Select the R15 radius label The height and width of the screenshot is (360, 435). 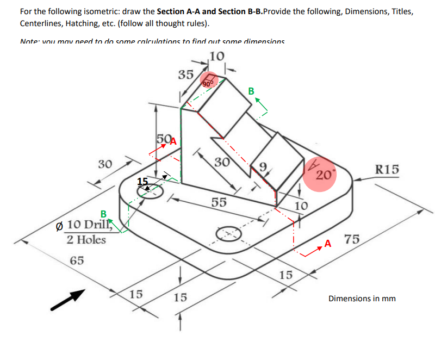[x=387, y=169]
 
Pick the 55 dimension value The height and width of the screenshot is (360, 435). [x=219, y=202]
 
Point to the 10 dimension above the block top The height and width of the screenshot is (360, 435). [x=216, y=55]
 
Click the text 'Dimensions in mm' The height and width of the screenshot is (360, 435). [x=362, y=299]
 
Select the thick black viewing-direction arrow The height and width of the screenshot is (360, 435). [x=69, y=300]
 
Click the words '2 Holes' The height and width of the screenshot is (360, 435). [x=86, y=240]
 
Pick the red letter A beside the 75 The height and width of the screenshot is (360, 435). [x=327, y=243]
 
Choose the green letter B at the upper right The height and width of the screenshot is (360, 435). [x=251, y=90]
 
